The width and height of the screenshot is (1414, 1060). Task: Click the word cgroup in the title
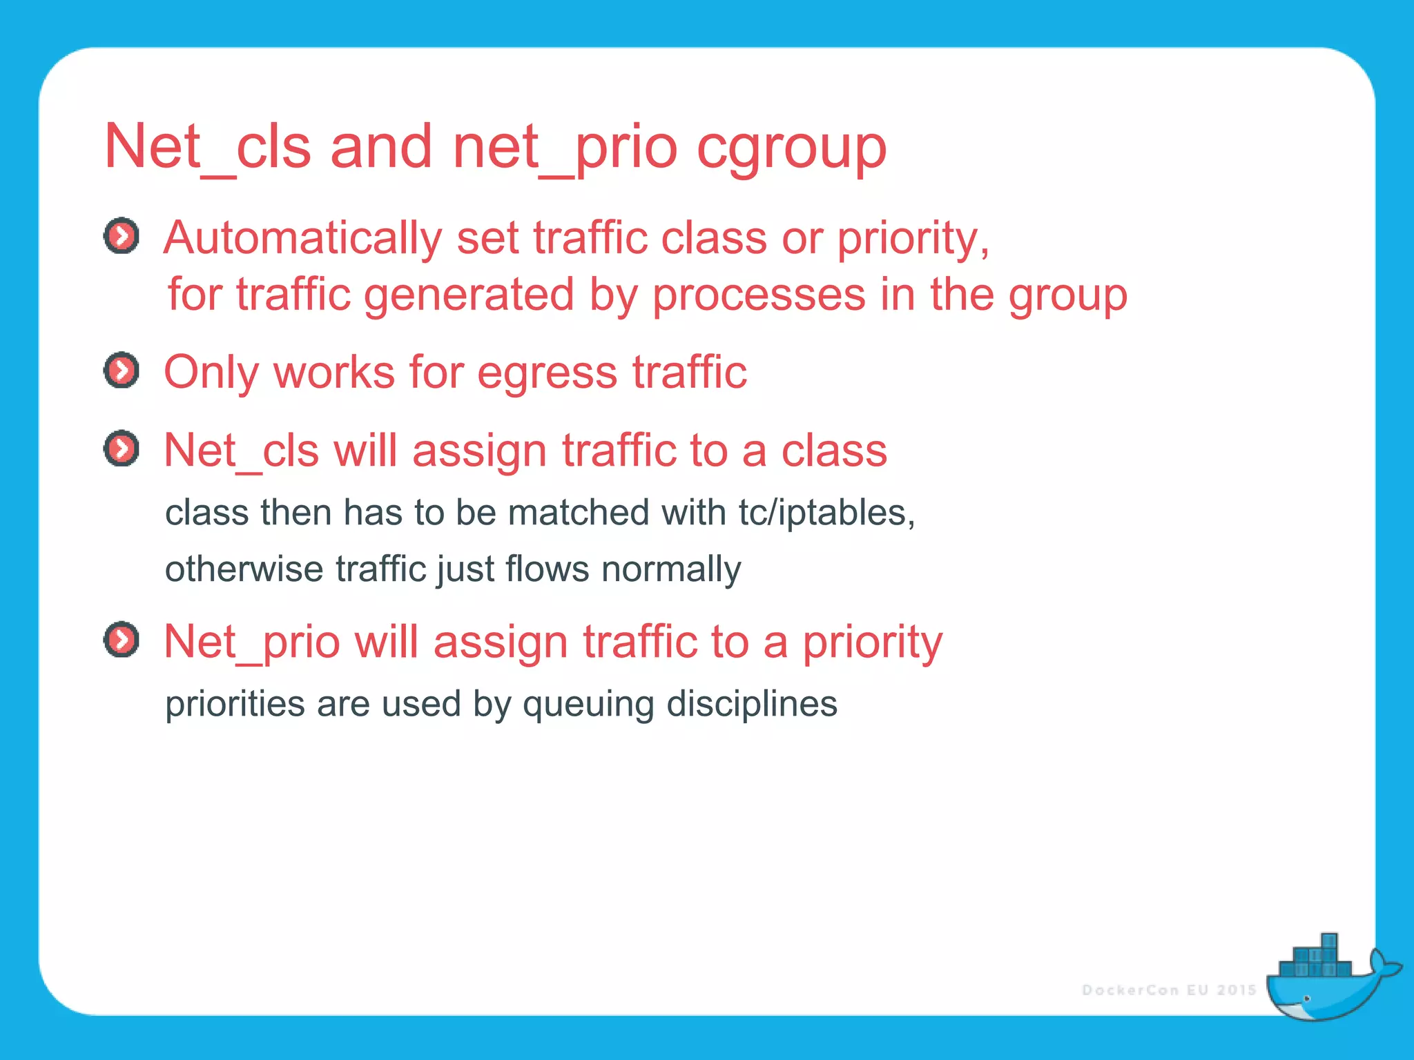click(791, 148)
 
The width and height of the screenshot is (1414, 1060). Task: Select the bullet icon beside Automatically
click(122, 237)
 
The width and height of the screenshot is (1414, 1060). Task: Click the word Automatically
click(302, 238)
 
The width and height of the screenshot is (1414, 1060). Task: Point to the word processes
click(759, 295)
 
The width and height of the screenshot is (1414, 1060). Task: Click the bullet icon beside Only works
click(122, 371)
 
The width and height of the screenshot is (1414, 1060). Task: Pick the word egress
click(547, 373)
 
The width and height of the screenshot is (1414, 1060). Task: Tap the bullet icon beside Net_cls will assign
click(122, 449)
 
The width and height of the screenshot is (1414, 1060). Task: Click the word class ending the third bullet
click(833, 451)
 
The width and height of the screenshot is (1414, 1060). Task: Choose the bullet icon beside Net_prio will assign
click(122, 640)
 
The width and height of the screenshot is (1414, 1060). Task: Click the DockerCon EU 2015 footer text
click(1169, 990)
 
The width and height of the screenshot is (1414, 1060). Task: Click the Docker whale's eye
click(1306, 998)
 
